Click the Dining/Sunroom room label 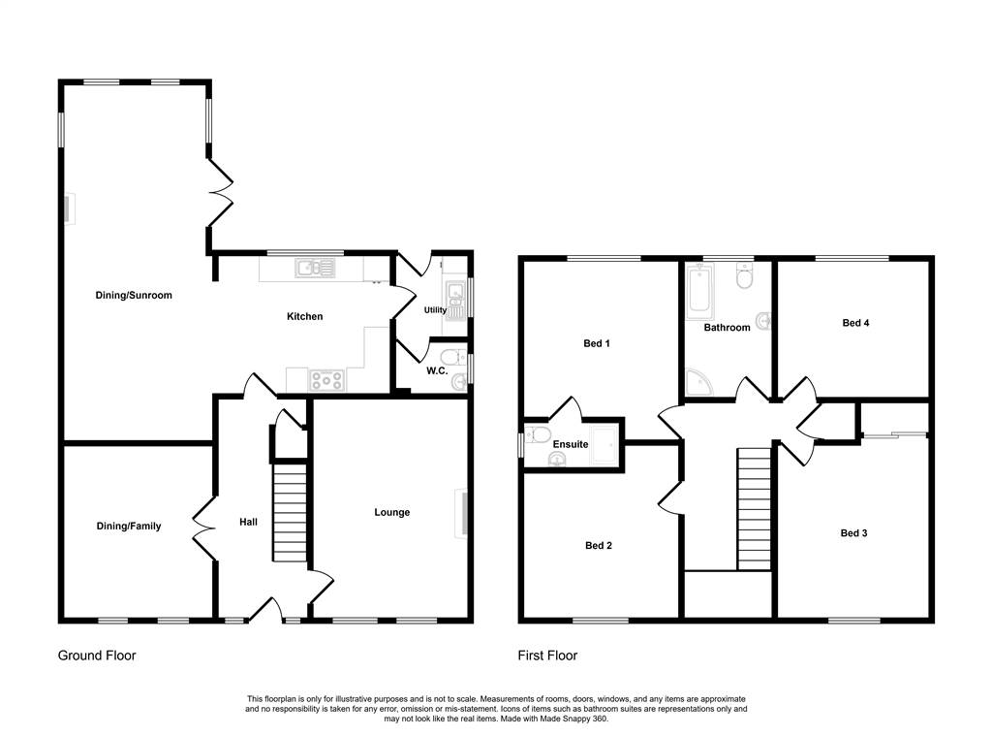click(134, 295)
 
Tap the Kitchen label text click(305, 317)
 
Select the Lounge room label click(391, 512)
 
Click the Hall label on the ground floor click(248, 522)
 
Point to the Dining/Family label click(129, 527)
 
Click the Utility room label click(435, 309)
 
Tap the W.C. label click(437, 370)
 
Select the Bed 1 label click(597, 343)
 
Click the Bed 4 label click(855, 323)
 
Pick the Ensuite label click(571, 444)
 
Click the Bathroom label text click(727, 328)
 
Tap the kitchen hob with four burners click(327, 381)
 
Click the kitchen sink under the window click(315, 268)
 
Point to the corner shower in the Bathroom click(699, 382)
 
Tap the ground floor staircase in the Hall click(289, 513)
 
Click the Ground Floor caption click(97, 656)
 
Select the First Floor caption click(547, 656)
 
